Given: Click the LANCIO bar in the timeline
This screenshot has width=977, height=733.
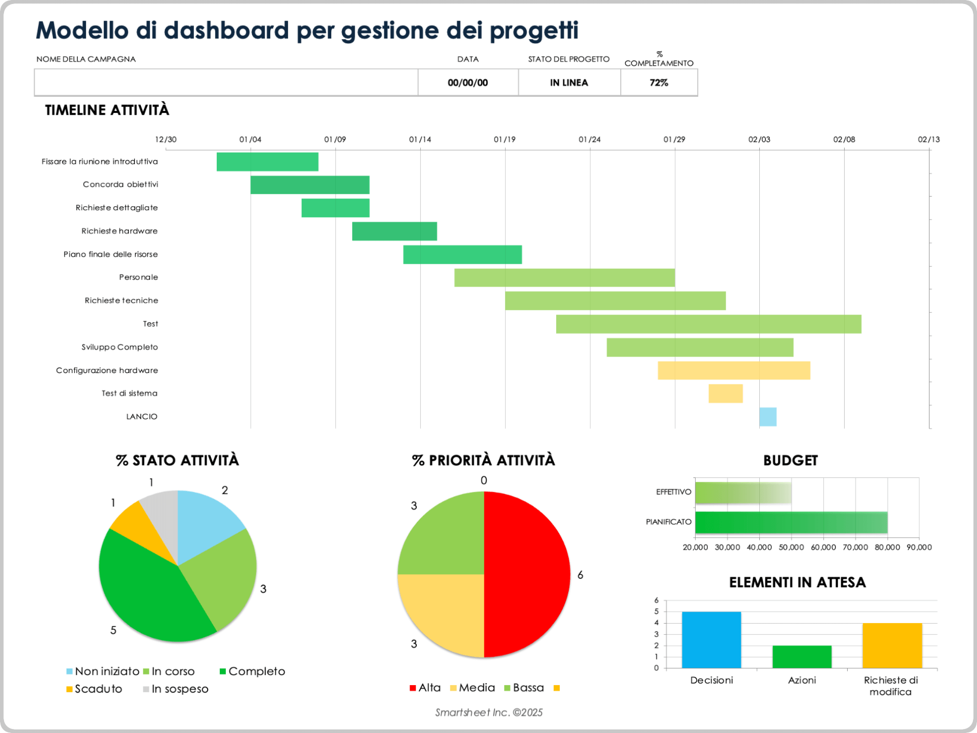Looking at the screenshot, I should (x=767, y=417).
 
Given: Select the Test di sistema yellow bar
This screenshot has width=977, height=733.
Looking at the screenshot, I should (x=725, y=393).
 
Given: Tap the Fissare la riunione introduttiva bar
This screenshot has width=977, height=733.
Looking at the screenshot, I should (x=267, y=162).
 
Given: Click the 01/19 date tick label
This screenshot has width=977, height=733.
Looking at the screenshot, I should (x=504, y=139).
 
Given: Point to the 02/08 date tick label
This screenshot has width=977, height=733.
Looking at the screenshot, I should (x=844, y=139).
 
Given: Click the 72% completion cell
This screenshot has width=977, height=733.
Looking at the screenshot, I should (x=658, y=82).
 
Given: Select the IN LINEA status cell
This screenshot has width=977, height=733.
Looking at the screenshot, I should (x=569, y=82).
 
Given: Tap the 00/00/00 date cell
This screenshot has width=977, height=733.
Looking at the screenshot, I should (x=468, y=82).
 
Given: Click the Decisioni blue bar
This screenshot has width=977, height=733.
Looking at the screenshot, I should (x=711, y=640).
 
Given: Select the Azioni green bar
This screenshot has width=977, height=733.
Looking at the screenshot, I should (x=801, y=657).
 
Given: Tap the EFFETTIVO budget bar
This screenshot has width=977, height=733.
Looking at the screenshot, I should (x=743, y=493).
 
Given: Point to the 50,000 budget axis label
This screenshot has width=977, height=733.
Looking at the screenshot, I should (x=791, y=547).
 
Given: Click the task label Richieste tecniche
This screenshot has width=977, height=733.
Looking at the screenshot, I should (x=121, y=301).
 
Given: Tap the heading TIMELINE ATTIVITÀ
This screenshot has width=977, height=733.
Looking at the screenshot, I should (x=107, y=110).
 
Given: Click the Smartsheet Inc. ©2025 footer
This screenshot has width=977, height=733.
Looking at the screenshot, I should (x=489, y=713).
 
